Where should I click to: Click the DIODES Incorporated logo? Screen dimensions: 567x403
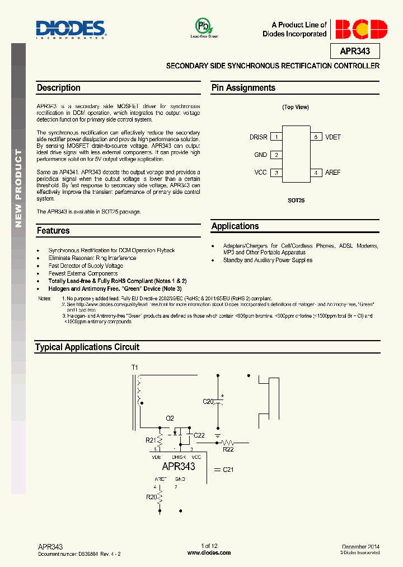71,29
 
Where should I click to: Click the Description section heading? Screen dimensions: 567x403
59,88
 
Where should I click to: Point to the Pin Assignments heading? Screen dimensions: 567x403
243,88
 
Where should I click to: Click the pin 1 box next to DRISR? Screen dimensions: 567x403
276,137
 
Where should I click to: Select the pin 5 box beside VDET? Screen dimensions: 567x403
316,137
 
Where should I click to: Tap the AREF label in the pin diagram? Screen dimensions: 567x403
332,173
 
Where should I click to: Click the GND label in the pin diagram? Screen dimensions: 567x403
261,155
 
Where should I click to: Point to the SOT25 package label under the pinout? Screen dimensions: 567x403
296,200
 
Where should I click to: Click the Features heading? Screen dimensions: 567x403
53,231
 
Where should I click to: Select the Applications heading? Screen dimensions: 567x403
235,226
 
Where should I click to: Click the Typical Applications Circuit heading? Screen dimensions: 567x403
87,347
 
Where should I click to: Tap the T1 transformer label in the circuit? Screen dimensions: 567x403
134,368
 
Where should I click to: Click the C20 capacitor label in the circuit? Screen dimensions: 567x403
208,401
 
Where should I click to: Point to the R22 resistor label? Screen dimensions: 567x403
228,449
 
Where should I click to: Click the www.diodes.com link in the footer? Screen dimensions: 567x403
209,552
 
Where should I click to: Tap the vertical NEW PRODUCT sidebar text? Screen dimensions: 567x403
18,188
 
